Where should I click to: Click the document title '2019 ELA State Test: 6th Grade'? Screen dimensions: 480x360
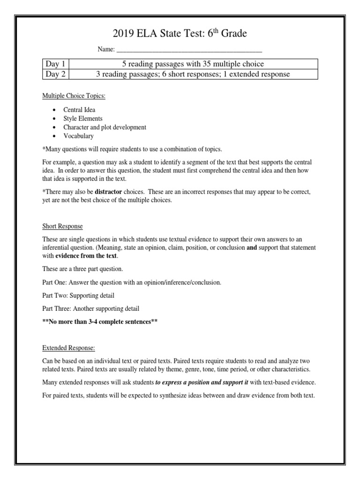click(x=180, y=34)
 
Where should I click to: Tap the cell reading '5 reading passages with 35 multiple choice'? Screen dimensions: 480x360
click(x=193, y=64)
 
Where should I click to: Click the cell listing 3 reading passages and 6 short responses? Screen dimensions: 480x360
click(x=193, y=74)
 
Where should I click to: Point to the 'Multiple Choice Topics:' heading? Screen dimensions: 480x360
click(x=74, y=96)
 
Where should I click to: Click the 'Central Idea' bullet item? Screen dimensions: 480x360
click(x=79, y=110)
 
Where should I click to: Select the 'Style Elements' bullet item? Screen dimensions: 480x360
click(x=83, y=119)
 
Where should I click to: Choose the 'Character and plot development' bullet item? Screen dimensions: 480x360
click(x=105, y=127)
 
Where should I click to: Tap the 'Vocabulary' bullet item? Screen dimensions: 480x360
click(x=78, y=136)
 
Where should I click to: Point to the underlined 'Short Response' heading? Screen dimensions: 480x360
click(x=62, y=226)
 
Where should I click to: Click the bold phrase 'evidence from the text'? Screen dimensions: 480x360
click(x=86, y=256)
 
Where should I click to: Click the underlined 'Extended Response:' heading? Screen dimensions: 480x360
click(x=69, y=348)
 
